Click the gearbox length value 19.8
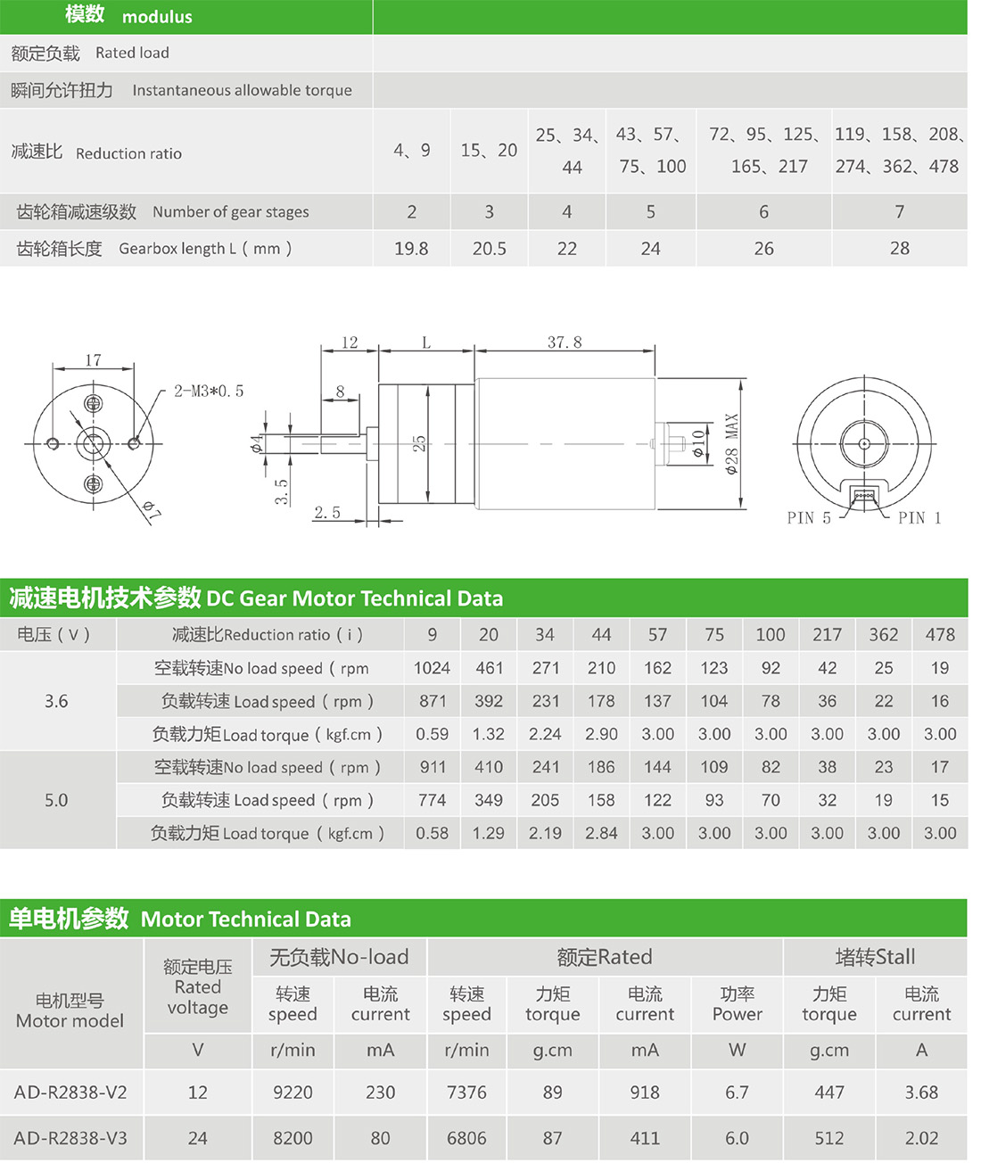[x=411, y=249]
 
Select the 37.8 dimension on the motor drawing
[x=564, y=342]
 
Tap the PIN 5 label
[x=808, y=518]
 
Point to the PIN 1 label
[x=919, y=518]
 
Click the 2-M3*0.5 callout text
[x=208, y=392]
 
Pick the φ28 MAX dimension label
[x=732, y=443]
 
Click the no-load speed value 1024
[x=432, y=668]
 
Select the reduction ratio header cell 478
[x=940, y=635]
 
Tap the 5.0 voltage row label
[x=56, y=800]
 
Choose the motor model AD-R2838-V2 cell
[x=70, y=1093]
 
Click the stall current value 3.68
[x=921, y=1093]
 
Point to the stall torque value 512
[x=828, y=1139]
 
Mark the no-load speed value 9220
[x=293, y=1093]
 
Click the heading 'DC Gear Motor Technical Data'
[x=354, y=598]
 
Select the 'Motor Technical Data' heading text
[x=245, y=919]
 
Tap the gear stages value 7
[x=899, y=212]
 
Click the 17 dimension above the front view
[x=93, y=360]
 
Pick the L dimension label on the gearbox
[x=426, y=343]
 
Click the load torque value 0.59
[x=432, y=734]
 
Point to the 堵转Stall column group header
[x=875, y=957]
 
